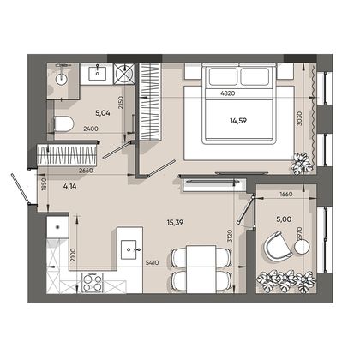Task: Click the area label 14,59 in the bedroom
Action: [x=238, y=121]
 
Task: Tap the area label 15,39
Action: [x=175, y=223]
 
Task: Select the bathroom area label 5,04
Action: [x=103, y=113]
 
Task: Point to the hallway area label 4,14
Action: [x=69, y=187]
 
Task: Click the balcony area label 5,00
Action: [x=284, y=219]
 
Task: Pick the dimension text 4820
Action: [x=228, y=93]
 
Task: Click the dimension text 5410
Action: [x=152, y=262]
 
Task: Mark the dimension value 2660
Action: [x=86, y=171]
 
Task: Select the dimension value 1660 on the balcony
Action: [x=285, y=195]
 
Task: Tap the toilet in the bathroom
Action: [x=64, y=124]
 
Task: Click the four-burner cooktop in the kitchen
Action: [x=93, y=282]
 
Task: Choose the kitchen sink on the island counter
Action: [x=129, y=249]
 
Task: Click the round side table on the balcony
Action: [x=302, y=247]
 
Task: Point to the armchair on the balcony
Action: [x=278, y=246]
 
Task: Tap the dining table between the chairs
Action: [x=201, y=269]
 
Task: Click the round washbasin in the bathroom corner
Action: [x=61, y=79]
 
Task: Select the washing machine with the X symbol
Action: [x=124, y=73]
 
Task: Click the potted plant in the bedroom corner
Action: [x=303, y=164]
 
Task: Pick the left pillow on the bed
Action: [x=223, y=76]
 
